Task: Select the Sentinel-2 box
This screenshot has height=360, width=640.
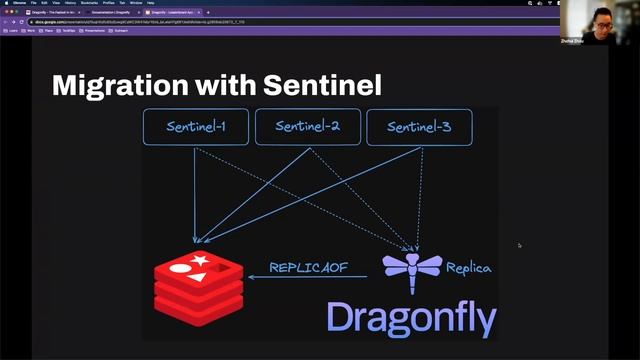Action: [307, 127]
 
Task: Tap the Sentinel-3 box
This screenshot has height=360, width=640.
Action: [419, 127]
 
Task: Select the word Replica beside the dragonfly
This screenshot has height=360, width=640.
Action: [468, 268]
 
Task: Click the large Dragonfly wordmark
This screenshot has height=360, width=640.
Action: [411, 317]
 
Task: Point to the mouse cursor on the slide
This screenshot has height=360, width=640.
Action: [519, 245]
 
